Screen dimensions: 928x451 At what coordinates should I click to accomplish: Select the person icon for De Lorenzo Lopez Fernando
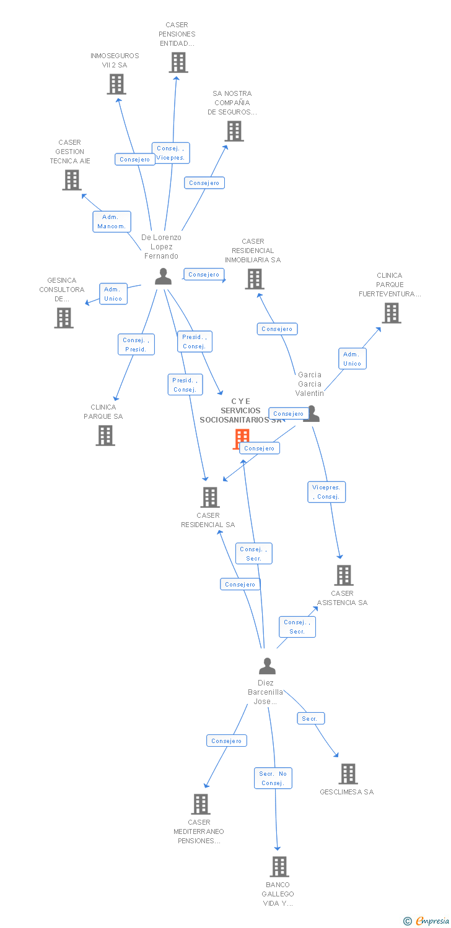pos(164,277)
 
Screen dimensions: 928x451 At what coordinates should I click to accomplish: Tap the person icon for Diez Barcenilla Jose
pos(267,666)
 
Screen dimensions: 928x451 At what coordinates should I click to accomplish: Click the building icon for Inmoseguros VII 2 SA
pos(116,84)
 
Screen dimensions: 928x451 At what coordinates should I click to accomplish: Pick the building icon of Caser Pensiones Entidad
pos(178,62)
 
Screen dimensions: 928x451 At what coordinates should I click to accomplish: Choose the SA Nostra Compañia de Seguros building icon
pos(234,131)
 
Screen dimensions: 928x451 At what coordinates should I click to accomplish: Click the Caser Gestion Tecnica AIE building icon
pos(72,180)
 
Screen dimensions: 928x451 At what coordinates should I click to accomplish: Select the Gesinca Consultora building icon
pos(64,318)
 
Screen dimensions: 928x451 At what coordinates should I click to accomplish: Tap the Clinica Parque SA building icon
pos(105,436)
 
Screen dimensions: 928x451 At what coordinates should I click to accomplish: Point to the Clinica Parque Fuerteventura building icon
pos(391,313)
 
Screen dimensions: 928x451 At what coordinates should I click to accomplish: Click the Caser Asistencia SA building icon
pos(344,575)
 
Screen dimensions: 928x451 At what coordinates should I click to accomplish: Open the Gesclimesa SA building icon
pos(348,774)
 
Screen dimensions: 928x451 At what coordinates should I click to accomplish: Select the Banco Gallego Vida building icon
pos(279,867)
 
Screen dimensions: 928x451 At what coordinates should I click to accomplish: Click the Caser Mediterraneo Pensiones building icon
pos(201,804)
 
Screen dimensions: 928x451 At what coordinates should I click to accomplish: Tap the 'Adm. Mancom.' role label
pos(112,221)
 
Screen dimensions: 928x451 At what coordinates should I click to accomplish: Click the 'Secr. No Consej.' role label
pos(273,778)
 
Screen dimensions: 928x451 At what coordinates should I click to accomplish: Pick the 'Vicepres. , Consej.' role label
pos(326,492)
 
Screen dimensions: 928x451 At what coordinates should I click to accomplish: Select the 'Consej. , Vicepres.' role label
pos(170,153)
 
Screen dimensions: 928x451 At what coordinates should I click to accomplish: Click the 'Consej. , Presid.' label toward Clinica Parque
pos(136,345)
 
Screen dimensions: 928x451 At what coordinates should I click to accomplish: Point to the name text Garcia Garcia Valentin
pos(310,384)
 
